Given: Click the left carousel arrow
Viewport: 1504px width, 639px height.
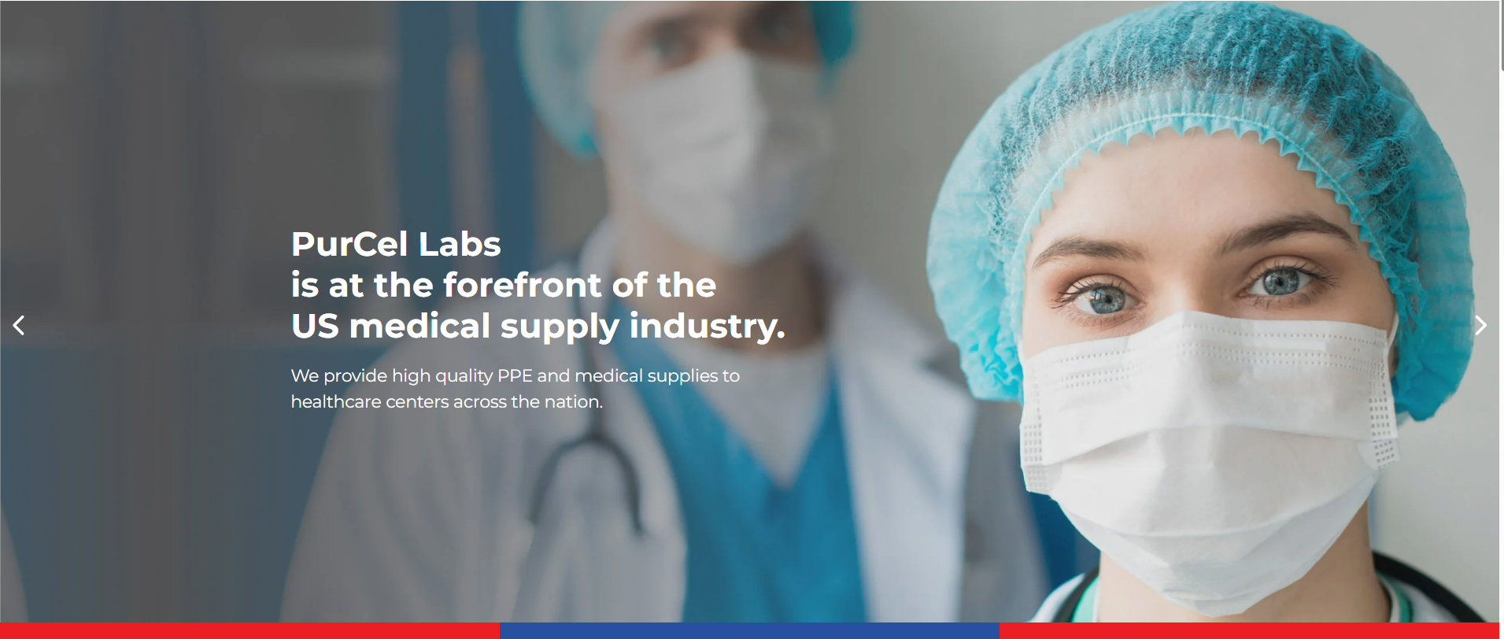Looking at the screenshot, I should (19, 325).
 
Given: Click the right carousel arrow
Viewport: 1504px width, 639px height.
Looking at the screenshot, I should (1480, 325).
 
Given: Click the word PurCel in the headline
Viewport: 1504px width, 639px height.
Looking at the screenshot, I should (349, 245).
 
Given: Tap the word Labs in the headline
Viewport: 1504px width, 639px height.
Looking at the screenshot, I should (460, 245).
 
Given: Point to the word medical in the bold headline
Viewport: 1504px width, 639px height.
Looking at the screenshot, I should (420, 326).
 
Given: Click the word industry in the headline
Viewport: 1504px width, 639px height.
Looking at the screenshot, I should (704, 326).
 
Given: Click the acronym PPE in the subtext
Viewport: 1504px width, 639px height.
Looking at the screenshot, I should (515, 375).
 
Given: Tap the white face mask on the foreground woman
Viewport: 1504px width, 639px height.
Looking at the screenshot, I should (1204, 449).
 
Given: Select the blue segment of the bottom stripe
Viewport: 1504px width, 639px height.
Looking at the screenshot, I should (749, 631).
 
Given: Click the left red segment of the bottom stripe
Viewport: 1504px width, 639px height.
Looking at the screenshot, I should (249, 631).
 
